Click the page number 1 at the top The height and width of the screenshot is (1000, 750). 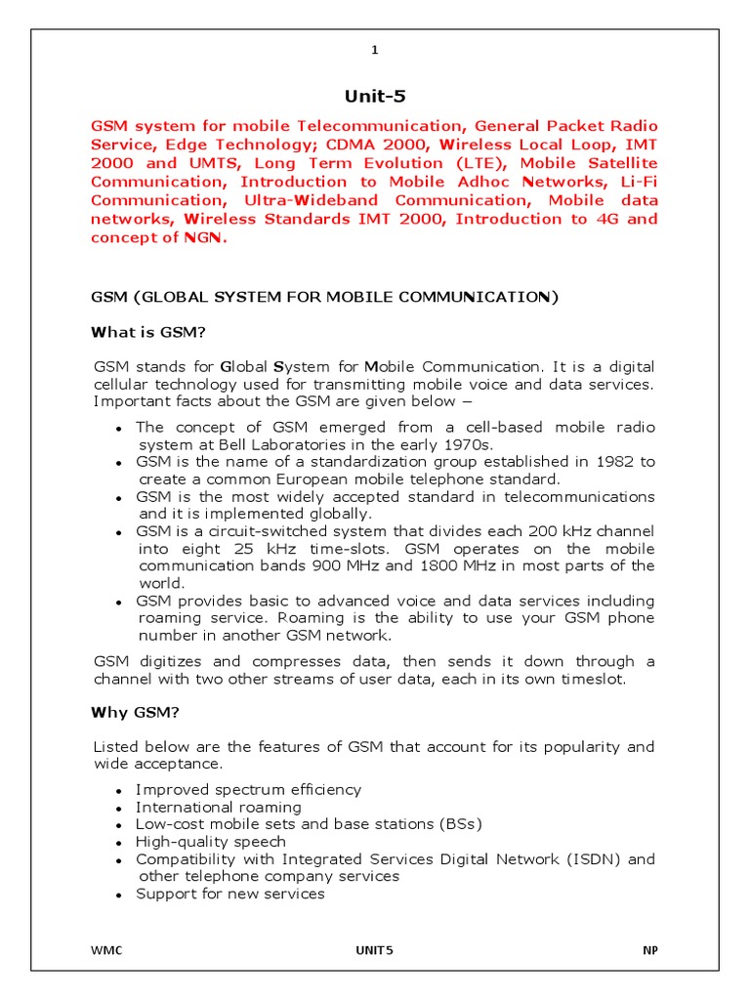374,51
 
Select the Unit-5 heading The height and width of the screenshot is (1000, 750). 374,96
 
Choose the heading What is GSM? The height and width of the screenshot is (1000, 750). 148,332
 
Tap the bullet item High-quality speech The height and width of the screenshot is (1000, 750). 211,842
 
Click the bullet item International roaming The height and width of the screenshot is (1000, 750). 219,807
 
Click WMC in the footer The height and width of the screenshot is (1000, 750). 107,950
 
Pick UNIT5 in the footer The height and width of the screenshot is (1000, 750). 374,950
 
